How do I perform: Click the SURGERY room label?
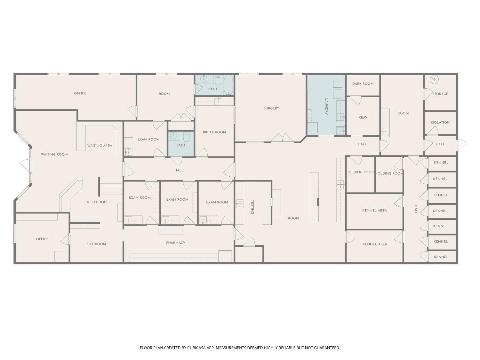(x=271, y=108)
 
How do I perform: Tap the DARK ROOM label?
(x=363, y=84)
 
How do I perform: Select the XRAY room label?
(x=363, y=117)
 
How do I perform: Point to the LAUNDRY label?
(x=326, y=107)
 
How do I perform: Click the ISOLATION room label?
(x=440, y=123)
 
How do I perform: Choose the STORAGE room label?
(x=440, y=94)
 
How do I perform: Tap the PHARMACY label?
(x=176, y=243)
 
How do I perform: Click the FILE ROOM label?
(x=96, y=244)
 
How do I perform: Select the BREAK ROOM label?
(x=214, y=132)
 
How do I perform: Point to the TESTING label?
(x=252, y=207)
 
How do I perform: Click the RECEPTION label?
(x=97, y=202)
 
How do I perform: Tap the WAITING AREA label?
(x=100, y=146)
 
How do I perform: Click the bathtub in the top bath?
(x=228, y=85)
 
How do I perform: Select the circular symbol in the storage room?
(x=434, y=80)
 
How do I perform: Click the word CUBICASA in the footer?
(x=196, y=348)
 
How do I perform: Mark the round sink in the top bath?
(x=204, y=79)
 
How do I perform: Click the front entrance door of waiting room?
(x=26, y=165)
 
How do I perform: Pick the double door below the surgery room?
(x=282, y=138)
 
